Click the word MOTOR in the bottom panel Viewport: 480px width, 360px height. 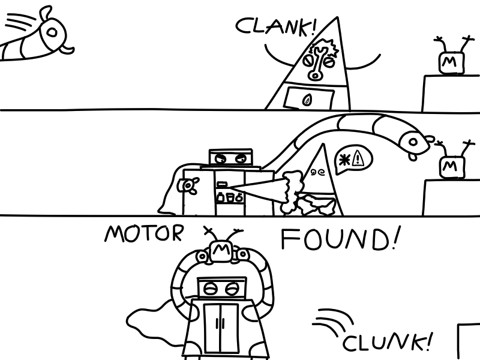pyautogui.click(x=143, y=233)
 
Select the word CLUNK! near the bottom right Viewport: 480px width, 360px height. pyautogui.click(x=387, y=343)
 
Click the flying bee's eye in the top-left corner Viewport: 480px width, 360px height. pyautogui.click(x=53, y=28)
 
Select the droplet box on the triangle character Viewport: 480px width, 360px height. pyautogui.click(x=310, y=98)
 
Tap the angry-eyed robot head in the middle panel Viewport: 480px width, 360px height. pyautogui.click(x=231, y=159)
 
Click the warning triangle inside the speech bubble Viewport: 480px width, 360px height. pyautogui.click(x=359, y=158)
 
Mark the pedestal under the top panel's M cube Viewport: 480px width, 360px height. pyautogui.click(x=450, y=93)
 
